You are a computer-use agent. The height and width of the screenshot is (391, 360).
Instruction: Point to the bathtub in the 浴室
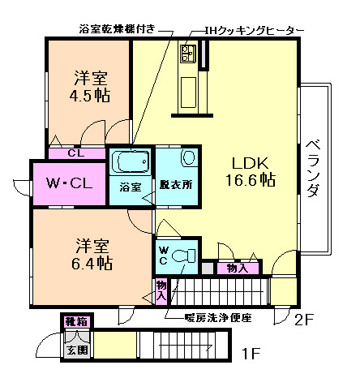pos(130,161)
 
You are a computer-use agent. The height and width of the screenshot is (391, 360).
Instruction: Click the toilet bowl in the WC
pos(186,256)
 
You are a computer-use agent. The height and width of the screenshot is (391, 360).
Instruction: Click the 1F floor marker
pos(252,354)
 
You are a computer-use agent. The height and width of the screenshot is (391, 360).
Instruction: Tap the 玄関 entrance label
pos(75,350)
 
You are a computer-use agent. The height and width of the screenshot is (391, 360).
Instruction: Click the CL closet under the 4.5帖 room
pos(75,153)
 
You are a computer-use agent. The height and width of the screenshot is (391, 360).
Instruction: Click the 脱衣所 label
pos(176,184)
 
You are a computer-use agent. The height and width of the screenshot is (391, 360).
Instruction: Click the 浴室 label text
pos(130,186)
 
